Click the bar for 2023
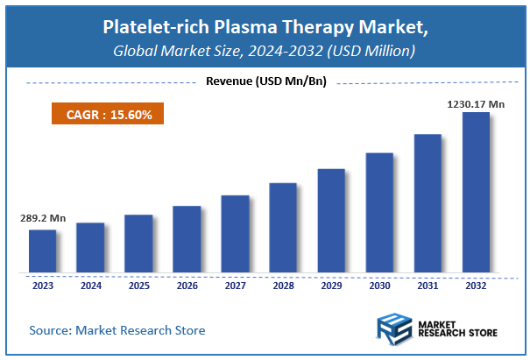coord(42,251)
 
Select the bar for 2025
coord(138,243)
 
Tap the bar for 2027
coord(235,233)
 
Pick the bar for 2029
coord(331,220)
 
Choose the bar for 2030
coord(379,212)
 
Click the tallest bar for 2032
coord(476,191)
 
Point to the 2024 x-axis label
coord(90,285)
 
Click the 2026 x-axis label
coord(187,285)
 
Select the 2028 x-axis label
coord(283,285)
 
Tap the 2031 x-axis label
coord(428,285)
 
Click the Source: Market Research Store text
coord(117,330)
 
